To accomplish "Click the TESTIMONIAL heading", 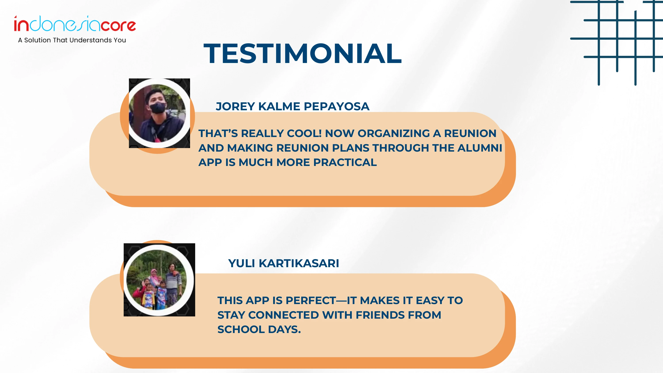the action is click(x=303, y=53).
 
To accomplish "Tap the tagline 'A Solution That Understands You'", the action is click(x=72, y=40).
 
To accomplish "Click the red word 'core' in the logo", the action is click(x=118, y=25).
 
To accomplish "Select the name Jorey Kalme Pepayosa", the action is click(x=293, y=106).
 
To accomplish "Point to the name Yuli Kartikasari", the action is click(x=284, y=263).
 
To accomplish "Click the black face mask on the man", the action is click(x=158, y=107).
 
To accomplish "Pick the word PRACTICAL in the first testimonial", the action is click(x=345, y=162).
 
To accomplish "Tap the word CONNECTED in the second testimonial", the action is click(x=284, y=315).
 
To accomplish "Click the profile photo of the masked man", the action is click(x=159, y=113).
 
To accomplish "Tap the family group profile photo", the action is click(x=159, y=280).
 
